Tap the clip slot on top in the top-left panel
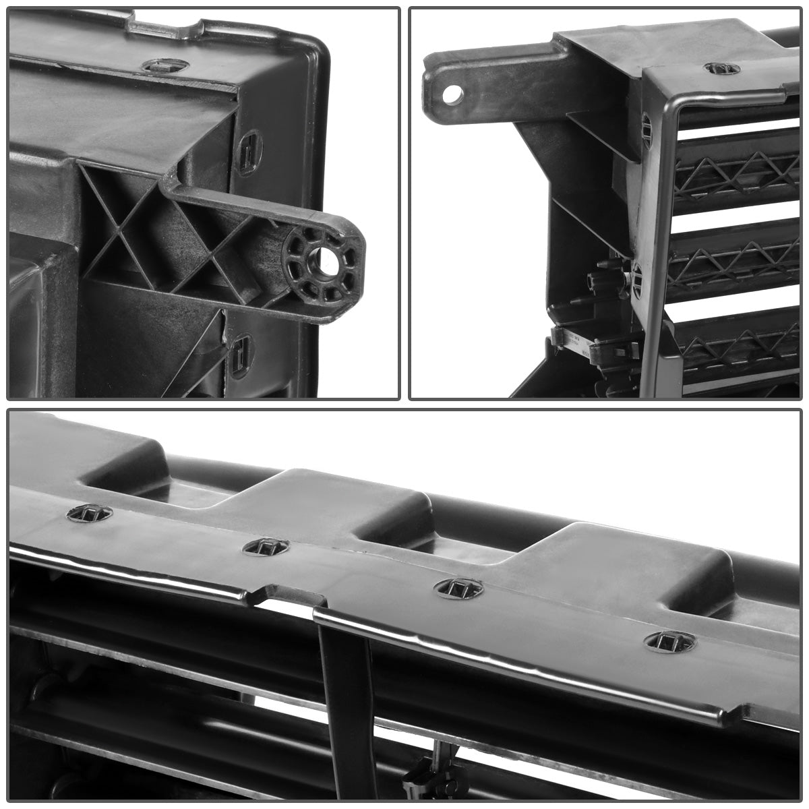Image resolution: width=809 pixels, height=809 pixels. pyautogui.click(x=165, y=65)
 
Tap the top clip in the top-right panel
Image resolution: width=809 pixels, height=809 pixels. pyautogui.click(x=721, y=68)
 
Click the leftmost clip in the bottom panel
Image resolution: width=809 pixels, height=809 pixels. pyautogui.click(x=89, y=513)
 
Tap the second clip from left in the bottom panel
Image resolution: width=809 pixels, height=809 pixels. pyautogui.click(x=265, y=547)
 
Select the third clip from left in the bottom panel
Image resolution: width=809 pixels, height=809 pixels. pyautogui.click(x=458, y=588)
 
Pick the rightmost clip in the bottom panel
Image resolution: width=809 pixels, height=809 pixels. pyautogui.click(x=669, y=641)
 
